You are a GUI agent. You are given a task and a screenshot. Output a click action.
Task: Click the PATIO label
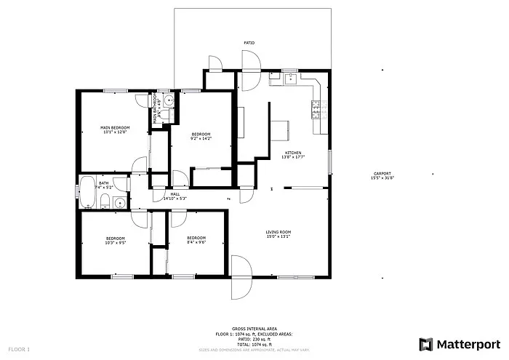tap(249, 44)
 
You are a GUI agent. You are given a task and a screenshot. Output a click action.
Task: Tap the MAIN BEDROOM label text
tap(114, 128)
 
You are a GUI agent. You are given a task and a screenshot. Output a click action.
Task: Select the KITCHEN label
tap(292, 152)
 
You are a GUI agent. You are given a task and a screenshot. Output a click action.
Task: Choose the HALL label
tap(175, 193)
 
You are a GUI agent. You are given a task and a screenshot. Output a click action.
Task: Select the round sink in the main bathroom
tap(167, 102)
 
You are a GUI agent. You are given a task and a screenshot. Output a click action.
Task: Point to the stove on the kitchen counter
tap(316, 110)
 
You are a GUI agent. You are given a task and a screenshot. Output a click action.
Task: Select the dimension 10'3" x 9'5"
tap(115, 243)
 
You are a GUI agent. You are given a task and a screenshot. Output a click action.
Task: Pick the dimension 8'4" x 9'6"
tap(196, 243)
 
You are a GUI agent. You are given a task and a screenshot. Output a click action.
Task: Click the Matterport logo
tap(458, 343)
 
